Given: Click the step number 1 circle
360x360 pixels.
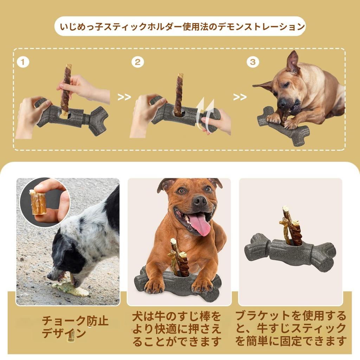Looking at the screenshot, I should [23, 63].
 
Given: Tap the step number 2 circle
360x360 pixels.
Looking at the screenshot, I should [137, 63].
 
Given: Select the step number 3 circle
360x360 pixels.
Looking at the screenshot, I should [252, 63].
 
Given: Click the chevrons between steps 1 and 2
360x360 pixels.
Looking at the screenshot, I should [124, 97].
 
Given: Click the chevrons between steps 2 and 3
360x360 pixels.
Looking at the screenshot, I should [240, 97].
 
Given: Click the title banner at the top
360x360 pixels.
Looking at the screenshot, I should [180, 26].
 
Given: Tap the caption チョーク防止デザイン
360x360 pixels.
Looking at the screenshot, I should [75, 327].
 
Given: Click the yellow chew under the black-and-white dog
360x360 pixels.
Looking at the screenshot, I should [72, 288].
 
